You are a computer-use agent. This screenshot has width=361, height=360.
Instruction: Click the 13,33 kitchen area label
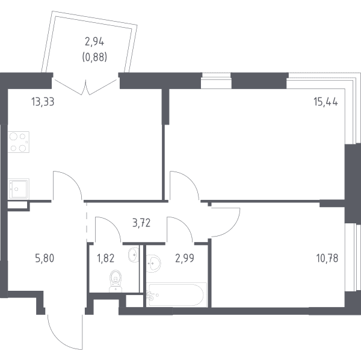coord(43,102)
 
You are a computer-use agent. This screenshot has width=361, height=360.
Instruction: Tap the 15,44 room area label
coord(326,102)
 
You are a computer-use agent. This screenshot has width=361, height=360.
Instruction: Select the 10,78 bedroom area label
coord(327,258)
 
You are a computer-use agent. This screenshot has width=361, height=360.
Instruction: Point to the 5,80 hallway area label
coord(45,258)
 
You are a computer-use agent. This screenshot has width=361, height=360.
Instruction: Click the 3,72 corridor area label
coord(141,223)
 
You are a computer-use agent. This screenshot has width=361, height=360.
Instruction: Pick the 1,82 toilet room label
coord(105,258)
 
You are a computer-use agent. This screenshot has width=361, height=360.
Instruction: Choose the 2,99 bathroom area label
coord(185,258)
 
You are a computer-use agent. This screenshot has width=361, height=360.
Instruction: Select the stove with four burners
coord(19,142)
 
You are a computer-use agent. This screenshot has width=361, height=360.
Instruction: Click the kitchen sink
coord(19,189)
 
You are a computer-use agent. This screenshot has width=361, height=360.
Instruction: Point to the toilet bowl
coord(115,281)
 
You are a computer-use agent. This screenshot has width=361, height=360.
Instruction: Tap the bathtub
coord(177,294)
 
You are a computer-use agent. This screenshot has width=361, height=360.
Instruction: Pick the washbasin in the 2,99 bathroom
coord(153,263)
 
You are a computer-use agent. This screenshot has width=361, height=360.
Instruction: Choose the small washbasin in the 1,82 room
coord(134,255)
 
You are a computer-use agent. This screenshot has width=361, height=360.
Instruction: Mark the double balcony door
coord(85,87)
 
